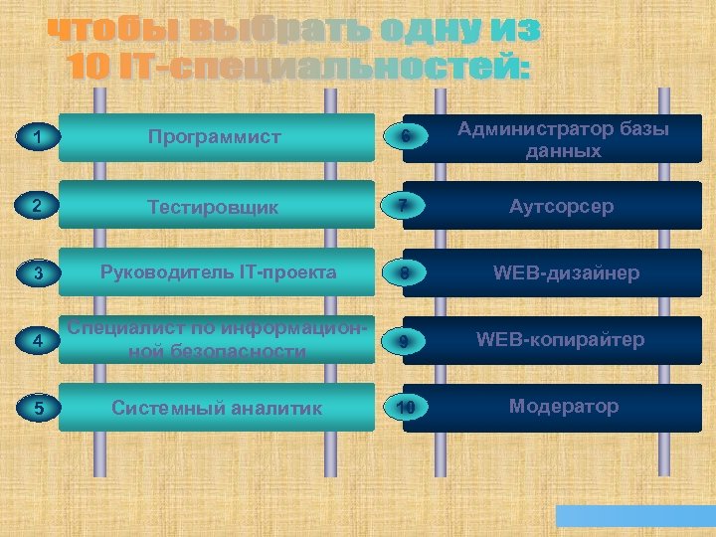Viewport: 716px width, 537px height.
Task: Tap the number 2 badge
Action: (36, 206)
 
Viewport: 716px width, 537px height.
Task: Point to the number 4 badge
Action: (36, 341)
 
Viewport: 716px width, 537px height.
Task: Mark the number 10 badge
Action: (405, 408)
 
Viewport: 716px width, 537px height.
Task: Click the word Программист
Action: (215, 137)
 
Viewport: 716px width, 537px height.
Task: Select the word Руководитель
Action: (165, 272)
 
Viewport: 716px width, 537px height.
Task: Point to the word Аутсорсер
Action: (562, 206)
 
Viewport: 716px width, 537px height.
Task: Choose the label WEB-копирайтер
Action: (561, 339)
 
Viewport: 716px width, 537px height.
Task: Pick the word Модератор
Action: (564, 406)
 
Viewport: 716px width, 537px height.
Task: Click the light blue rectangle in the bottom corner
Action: (633, 516)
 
